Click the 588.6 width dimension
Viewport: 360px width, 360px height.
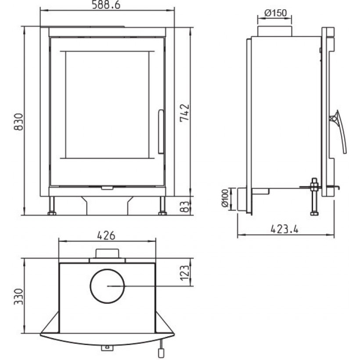coord(106,5)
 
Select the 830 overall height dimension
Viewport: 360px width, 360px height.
coord(18,122)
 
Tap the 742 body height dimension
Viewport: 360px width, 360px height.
coord(184,113)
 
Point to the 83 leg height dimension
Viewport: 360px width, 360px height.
coord(185,207)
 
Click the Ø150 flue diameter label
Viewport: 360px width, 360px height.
coord(276,13)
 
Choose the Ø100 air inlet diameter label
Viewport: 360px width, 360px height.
coord(225,198)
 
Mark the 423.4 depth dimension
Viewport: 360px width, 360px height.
coord(284,229)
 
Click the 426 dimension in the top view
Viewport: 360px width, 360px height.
coord(106,236)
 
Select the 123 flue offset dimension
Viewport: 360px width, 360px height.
coord(185,273)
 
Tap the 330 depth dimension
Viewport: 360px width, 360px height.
coord(18,297)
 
